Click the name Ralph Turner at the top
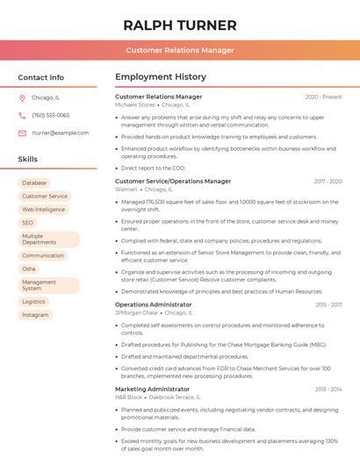click(x=180, y=25)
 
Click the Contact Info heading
click(x=40, y=77)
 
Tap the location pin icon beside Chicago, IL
click(x=22, y=97)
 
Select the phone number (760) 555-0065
click(x=50, y=115)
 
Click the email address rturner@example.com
click(x=60, y=132)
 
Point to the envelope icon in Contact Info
click(x=22, y=132)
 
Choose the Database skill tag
click(x=34, y=183)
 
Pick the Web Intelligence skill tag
click(x=43, y=210)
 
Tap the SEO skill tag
click(x=28, y=223)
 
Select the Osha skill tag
click(x=29, y=268)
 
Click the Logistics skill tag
click(x=33, y=301)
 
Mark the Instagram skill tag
click(x=35, y=314)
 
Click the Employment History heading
click(x=160, y=77)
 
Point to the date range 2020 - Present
click(x=323, y=97)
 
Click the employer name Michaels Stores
click(x=134, y=104)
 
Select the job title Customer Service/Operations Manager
click(x=173, y=181)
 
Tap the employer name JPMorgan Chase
click(x=136, y=312)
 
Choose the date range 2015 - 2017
click(x=328, y=304)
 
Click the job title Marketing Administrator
click(x=152, y=389)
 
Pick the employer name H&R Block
click(x=129, y=397)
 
